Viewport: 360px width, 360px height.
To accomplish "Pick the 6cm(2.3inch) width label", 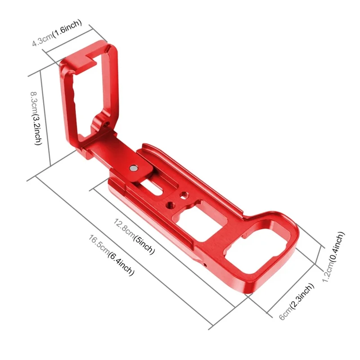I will point(297,302).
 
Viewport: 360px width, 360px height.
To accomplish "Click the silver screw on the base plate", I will point(135,168).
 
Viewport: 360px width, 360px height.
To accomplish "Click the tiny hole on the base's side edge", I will point(206,265).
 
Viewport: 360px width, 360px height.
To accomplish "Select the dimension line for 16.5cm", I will point(121,250).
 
